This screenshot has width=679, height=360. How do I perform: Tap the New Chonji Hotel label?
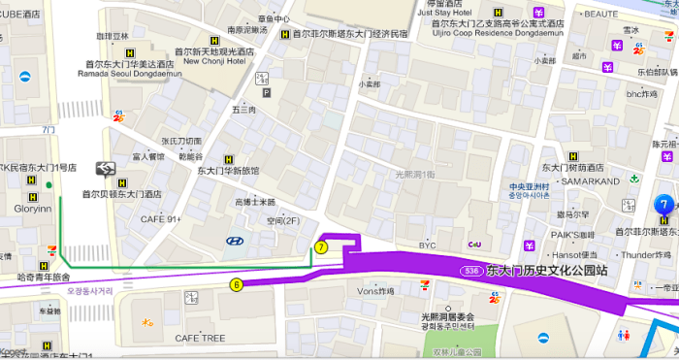[214, 60]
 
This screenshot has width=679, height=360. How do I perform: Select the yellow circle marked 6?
[236, 284]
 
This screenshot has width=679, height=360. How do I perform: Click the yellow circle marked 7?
[322, 246]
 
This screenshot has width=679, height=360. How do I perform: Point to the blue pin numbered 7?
[663, 205]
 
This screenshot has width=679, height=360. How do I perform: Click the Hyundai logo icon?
[234, 242]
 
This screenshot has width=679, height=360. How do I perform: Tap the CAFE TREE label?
[200, 338]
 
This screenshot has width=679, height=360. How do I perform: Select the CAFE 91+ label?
[161, 220]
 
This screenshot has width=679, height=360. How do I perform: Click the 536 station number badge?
[472, 270]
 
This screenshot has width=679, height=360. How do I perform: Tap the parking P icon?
[267, 93]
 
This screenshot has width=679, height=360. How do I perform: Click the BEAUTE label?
[600, 15]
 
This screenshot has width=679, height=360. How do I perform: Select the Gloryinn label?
[25, 209]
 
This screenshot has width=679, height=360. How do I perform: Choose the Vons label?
[373, 290]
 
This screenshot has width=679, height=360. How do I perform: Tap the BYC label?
[427, 245]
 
